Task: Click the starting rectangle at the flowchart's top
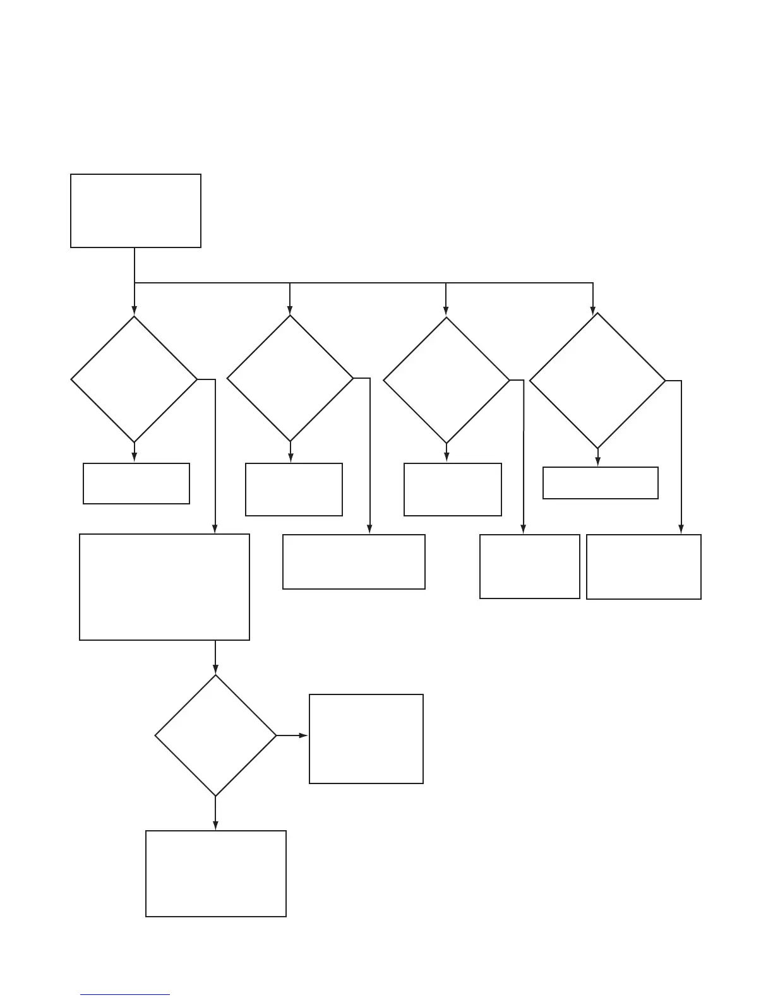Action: pyautogui.click(x=136, y=211)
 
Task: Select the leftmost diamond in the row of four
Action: pyautogui.click(x=134, y=379)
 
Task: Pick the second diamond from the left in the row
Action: pyautogui.click(x=290, y=378)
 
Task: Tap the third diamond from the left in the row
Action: pyautogui.click(x=446, y=380)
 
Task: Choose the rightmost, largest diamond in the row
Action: pyautogui.click(x=597, y=381)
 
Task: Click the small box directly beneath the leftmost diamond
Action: pyautogui.click(x=136, y=484)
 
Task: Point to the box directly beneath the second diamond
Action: pyautogui.click(x=294, y=489)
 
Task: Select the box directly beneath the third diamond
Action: pyautogui.click(x=453, y=489)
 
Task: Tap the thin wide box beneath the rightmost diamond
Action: pyautogui.click(x=601, y=483)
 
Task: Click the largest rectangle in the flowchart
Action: pyautogui.click(x=164, y=587)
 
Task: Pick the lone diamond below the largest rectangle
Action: pyautogui.click(x=215, y=735)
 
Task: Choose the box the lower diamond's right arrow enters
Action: pyautogui.click(x=366, y=739)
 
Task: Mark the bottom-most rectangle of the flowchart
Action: pyautogui.click(x=216, y=874)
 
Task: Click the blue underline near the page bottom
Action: pyautogui.click(x=125, y=995)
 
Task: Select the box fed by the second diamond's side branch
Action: pyautogui.click(x=354, y=562)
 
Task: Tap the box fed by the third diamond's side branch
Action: pyautogui.click(x=530, y=566)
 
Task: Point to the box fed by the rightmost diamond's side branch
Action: pyautogui.click(x=644, y=567)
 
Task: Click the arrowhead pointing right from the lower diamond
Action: pyautogui.click(x=304, y=735)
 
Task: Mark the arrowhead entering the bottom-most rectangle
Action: pyautogui.click(x=215, y=826)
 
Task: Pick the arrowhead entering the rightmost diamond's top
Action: pyautogui.click(x=593, y=310)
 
